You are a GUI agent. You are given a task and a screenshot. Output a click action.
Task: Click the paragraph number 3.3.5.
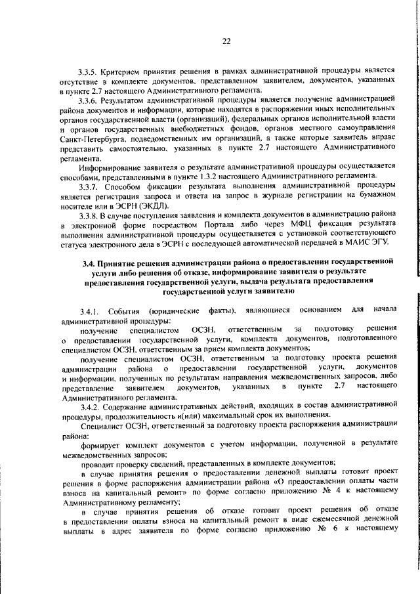(x=87, y=70)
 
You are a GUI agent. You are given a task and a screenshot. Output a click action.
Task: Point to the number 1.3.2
(x=243, y=175)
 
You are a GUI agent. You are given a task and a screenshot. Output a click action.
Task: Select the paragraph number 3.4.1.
(x=87, y=310)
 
